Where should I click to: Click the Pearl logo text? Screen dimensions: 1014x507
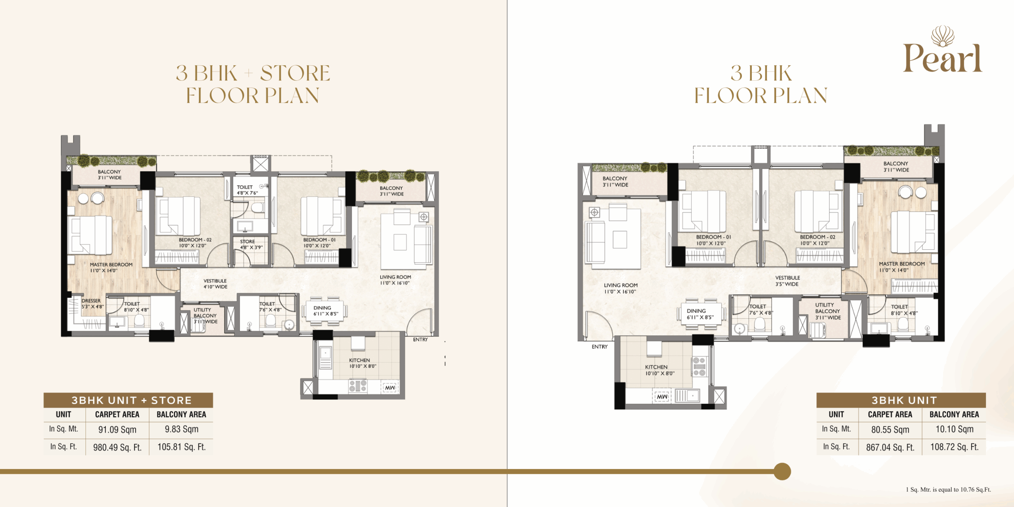pyautogui.click(x=942, y=59)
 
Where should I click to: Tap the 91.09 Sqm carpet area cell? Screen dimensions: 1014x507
pyautogui.click(x=117, y=429)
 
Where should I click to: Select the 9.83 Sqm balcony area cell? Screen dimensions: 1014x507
pyautogui.click(x=181, y=429)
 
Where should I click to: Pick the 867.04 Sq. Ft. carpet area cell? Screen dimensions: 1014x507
pyautogui.click(x=890, y=447)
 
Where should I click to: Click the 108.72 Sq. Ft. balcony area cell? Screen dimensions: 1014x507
pyautogui.click(x=954, y=447)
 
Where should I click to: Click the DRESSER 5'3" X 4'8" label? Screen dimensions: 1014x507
pyautogui.click(x=93, y=304)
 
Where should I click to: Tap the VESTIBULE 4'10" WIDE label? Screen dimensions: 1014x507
pyautogui.click(x=215, y=284)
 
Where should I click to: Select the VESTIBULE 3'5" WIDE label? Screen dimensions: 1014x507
pyautogui.click(x=787, y=281)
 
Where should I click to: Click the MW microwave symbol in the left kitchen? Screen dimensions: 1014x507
pyautogui.click(x=390, y=387)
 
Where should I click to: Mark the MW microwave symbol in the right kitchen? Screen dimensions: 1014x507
pyautogui.click(x=662, y=396)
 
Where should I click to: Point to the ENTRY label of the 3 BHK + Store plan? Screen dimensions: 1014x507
pyautogui.click(x=420, y=340)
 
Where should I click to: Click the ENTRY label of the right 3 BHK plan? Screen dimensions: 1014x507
pyautogui.click(x=599, y=347)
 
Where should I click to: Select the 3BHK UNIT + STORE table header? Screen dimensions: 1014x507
pyautogui.click(x=132, y=400)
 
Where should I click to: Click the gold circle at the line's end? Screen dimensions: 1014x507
pyautogui.click(x=782, y=471)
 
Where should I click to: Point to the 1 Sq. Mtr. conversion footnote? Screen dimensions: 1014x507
pyautogui.click(x=948, y=490)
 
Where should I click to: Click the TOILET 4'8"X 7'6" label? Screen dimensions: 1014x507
pyautogui.click(x=247, y=190)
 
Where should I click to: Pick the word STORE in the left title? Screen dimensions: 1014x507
pyautogui.click(x=295, y=73)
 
